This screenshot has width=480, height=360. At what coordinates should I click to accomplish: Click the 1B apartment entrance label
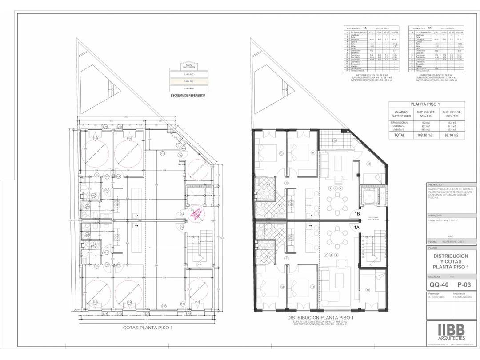tap(357, 214)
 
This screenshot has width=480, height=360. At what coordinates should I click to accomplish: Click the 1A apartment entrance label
tap(356, 227)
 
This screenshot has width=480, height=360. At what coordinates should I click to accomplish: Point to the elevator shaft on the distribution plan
tap(370, 196)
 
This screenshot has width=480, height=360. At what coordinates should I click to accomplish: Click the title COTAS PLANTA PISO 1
tap(148, 327)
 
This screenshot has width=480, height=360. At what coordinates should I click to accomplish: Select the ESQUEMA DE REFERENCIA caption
tap(188, 95)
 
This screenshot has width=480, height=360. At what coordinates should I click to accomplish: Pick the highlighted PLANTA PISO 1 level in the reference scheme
tap(188, 81)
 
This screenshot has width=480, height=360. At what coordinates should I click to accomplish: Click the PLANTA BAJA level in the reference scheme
tap(188, 89)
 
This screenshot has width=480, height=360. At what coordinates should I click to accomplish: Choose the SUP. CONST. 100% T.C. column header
tap(452, 113)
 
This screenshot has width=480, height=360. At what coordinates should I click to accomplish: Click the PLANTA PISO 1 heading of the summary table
tap(427, 104)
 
